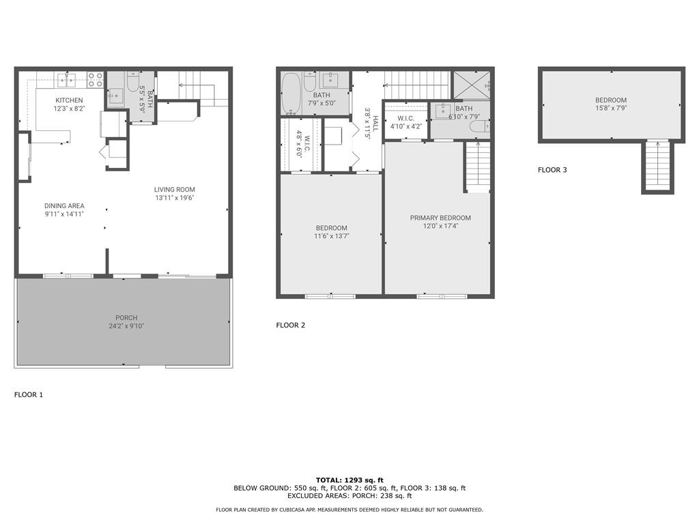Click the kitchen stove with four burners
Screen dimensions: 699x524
(x=95, y=79)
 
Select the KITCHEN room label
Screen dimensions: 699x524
(x=69, y=100)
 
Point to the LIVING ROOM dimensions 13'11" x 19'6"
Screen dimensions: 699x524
(x=175, y=198)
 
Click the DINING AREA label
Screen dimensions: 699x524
(x=64, y=206)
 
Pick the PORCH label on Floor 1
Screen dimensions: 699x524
(x=126, y=318)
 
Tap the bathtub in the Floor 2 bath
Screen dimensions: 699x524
(x=291, y=93)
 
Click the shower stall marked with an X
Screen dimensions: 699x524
(x=471, y=85)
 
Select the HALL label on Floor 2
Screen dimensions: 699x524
(x=375, y=123)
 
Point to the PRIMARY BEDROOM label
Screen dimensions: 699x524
(x=440, y=218)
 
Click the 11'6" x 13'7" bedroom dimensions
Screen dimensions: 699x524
(x=331, y=236)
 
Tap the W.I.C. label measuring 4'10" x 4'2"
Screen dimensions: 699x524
(x=405, y=119)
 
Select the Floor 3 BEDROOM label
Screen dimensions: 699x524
(x=611, y=100)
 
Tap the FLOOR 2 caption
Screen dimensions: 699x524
(x=291, y=325)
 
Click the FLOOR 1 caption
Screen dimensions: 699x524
(x=29, y=395)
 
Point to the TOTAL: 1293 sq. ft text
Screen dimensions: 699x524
(x=349, y=480)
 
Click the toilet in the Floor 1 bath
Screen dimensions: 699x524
(x=133, y=82)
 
